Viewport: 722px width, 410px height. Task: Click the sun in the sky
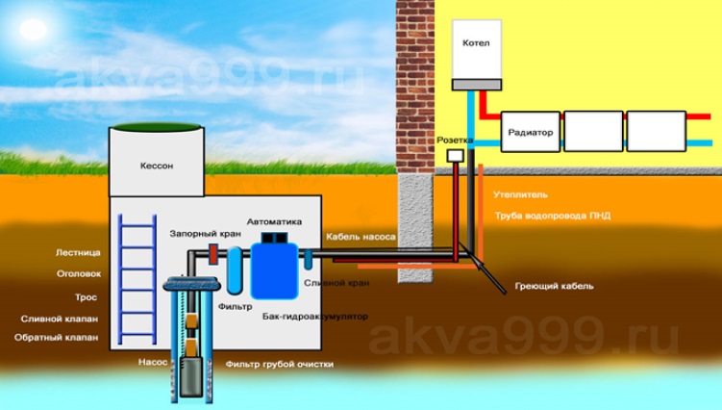33,30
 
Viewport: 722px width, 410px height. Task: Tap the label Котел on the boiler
476,43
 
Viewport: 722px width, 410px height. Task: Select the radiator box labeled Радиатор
531,132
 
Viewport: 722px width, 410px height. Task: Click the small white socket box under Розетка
456,155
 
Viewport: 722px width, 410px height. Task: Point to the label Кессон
157,166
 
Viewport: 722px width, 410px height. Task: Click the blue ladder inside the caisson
137,279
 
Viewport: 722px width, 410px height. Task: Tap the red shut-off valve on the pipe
213,254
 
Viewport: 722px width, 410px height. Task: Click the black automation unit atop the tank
274,238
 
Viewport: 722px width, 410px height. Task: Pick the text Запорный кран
206,234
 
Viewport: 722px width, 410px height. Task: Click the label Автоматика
274,221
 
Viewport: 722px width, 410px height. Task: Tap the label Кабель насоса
361,237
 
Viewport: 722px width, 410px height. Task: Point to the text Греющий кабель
555,287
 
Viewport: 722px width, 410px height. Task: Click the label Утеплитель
521,194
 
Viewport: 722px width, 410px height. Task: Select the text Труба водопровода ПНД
553,216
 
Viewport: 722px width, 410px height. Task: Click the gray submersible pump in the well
190,376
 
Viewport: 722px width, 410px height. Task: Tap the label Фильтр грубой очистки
280,365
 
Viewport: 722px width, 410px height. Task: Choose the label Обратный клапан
56,338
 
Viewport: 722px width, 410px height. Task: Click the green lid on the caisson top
157,127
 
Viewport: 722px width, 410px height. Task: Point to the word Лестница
78,253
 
